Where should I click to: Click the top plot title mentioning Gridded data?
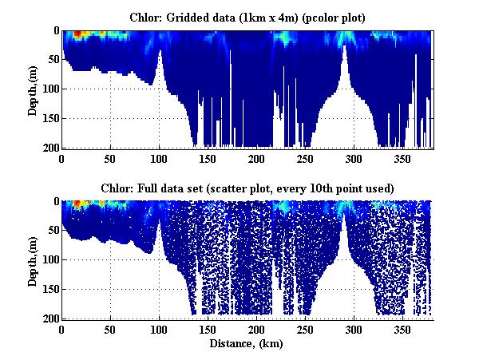(x=247, y=16)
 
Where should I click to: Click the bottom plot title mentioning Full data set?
(x=247, y=187)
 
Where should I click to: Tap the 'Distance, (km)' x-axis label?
(x=247, y=345)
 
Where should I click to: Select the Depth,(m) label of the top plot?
(x=33, y=89)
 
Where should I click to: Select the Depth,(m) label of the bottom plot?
(x=33, y=260)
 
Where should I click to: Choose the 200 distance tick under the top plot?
(x=257, y=158)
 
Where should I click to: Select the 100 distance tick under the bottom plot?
(x=160, y=329)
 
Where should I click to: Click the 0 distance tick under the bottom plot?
(x=62, y=329)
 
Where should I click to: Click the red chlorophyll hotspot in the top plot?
(x=77, y=35)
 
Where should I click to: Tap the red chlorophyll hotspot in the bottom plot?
(x=77, y=204)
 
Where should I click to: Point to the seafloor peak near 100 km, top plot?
(x=160, y=53)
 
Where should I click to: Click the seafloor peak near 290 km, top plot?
(x=344, y=48)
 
